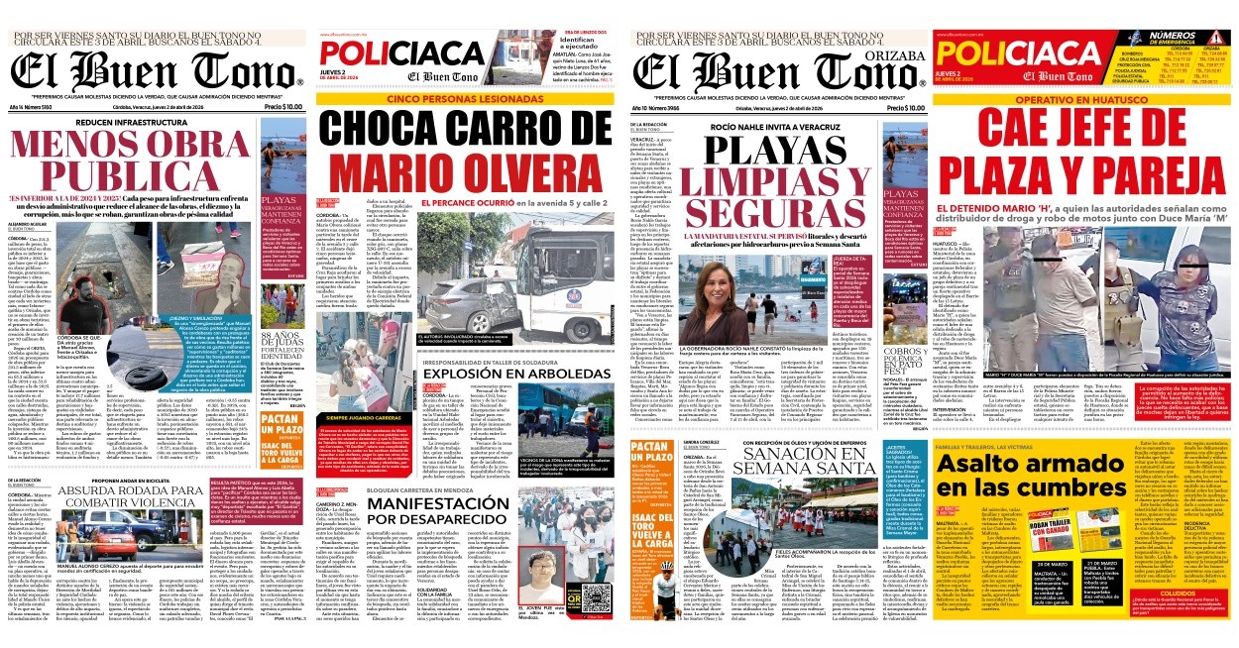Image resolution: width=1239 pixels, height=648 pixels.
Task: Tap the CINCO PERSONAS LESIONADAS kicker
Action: click(464, 100)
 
